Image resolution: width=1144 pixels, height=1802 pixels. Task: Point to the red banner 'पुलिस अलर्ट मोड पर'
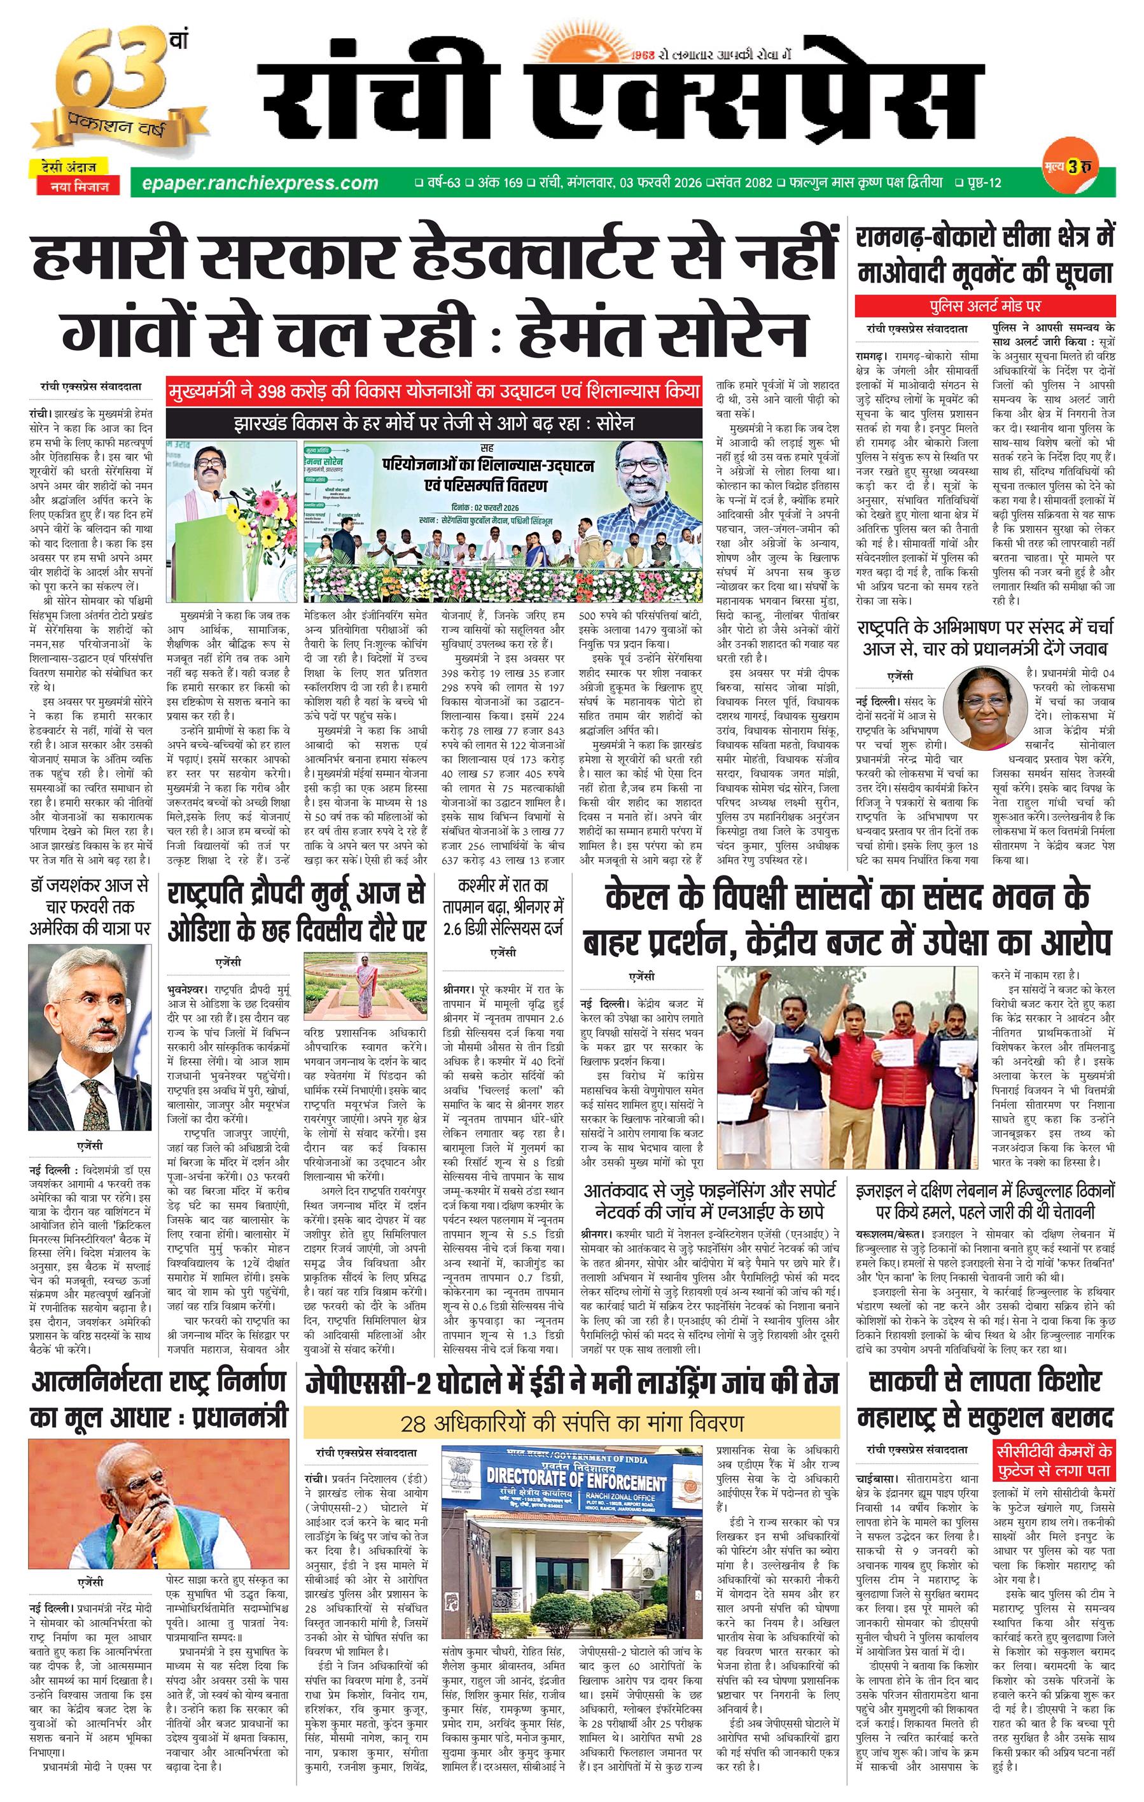pos(985,305)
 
